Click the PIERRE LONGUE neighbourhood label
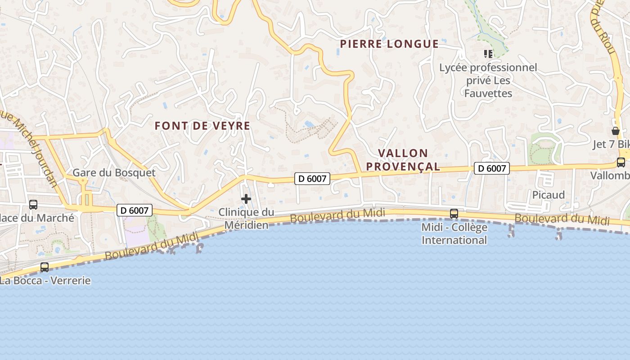389,44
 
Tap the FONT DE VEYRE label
202,126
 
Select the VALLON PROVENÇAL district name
403,160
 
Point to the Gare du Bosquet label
114,172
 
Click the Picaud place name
548,195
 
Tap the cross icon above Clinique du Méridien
246,198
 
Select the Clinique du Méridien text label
246,218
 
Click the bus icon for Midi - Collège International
454,213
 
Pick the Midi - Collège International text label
454,234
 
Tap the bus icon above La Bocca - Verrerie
45,267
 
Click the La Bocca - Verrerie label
45,281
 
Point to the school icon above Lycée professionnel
488,54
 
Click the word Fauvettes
488,94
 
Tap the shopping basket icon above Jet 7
615,131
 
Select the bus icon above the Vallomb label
621,162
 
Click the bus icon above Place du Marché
33,204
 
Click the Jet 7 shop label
611,144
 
